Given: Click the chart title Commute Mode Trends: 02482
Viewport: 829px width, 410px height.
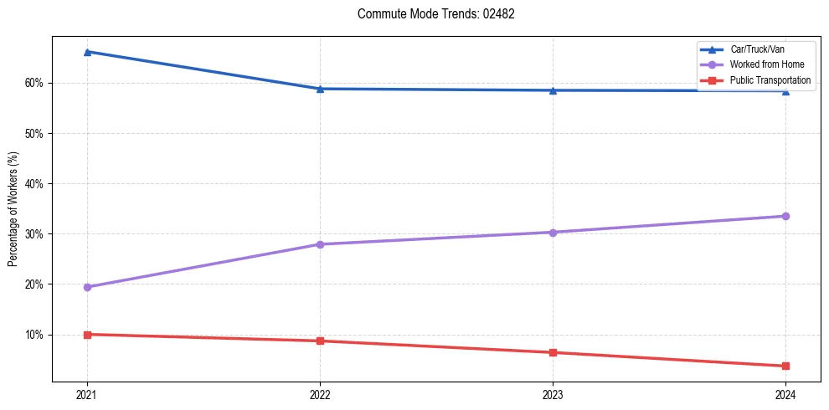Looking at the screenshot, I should coord(430,14).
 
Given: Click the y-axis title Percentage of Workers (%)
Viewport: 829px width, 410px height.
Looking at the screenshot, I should coord(13,208).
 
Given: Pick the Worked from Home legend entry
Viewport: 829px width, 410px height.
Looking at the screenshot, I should coord(765,64).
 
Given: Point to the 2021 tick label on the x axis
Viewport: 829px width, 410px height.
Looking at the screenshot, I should coord(87,394).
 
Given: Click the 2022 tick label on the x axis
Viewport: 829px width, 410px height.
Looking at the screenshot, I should coord(320,394).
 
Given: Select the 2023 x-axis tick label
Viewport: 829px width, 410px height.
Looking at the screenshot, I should coord(553,394).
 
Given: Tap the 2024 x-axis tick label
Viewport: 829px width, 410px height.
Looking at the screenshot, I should coord(785,394).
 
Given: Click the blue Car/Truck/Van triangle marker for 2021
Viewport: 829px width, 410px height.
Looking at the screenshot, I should coord(87,52).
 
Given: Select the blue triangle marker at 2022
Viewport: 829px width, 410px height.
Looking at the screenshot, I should coord(320,89).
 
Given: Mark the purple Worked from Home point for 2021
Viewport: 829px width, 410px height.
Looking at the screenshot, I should coord(87,287).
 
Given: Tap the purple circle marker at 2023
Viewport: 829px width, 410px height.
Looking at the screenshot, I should coord(553,233).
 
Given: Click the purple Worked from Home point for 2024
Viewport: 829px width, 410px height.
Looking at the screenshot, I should coord(785,216).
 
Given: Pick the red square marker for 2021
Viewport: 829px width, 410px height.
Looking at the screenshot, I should coord(87,335).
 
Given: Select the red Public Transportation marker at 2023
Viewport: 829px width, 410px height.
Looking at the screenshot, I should coord(553,352).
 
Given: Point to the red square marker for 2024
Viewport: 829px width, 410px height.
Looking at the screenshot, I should coord(785,366).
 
